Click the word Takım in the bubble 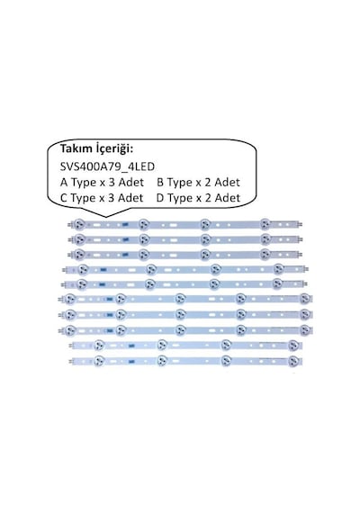click(76, 148)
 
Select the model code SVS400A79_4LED click(107, 166)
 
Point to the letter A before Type click(64, 182)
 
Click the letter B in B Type click(160, 182)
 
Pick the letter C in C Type click(64, 198)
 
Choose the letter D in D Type click(160, 198)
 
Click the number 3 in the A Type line click(112, 182)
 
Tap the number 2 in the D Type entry click(209, 198)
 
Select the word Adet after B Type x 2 click(228, 182)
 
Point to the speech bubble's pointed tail click(105, 217)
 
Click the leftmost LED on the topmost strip click(78, 224)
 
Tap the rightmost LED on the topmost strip click(265, 224)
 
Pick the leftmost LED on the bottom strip click(99, 361)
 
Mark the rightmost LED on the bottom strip click(293, 361)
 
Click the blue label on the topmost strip click(125, 225)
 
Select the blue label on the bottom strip click(131, 362)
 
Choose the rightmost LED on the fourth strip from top click(278, 269)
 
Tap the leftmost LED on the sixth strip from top click(69, 299)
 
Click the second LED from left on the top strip click(143, 224)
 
